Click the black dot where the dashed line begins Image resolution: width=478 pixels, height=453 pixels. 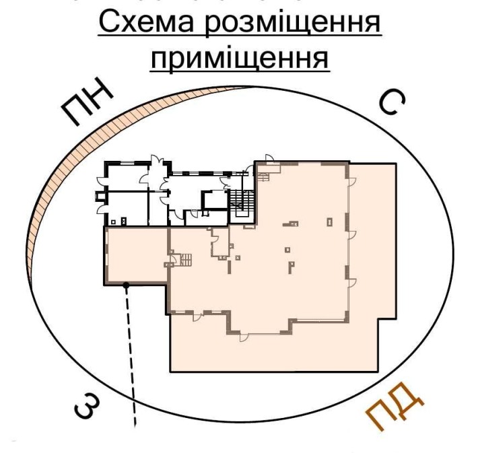(x=126, y=285)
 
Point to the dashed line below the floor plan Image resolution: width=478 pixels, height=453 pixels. (x=131, y=357)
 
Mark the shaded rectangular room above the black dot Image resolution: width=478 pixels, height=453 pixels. (x=135, y=255)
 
